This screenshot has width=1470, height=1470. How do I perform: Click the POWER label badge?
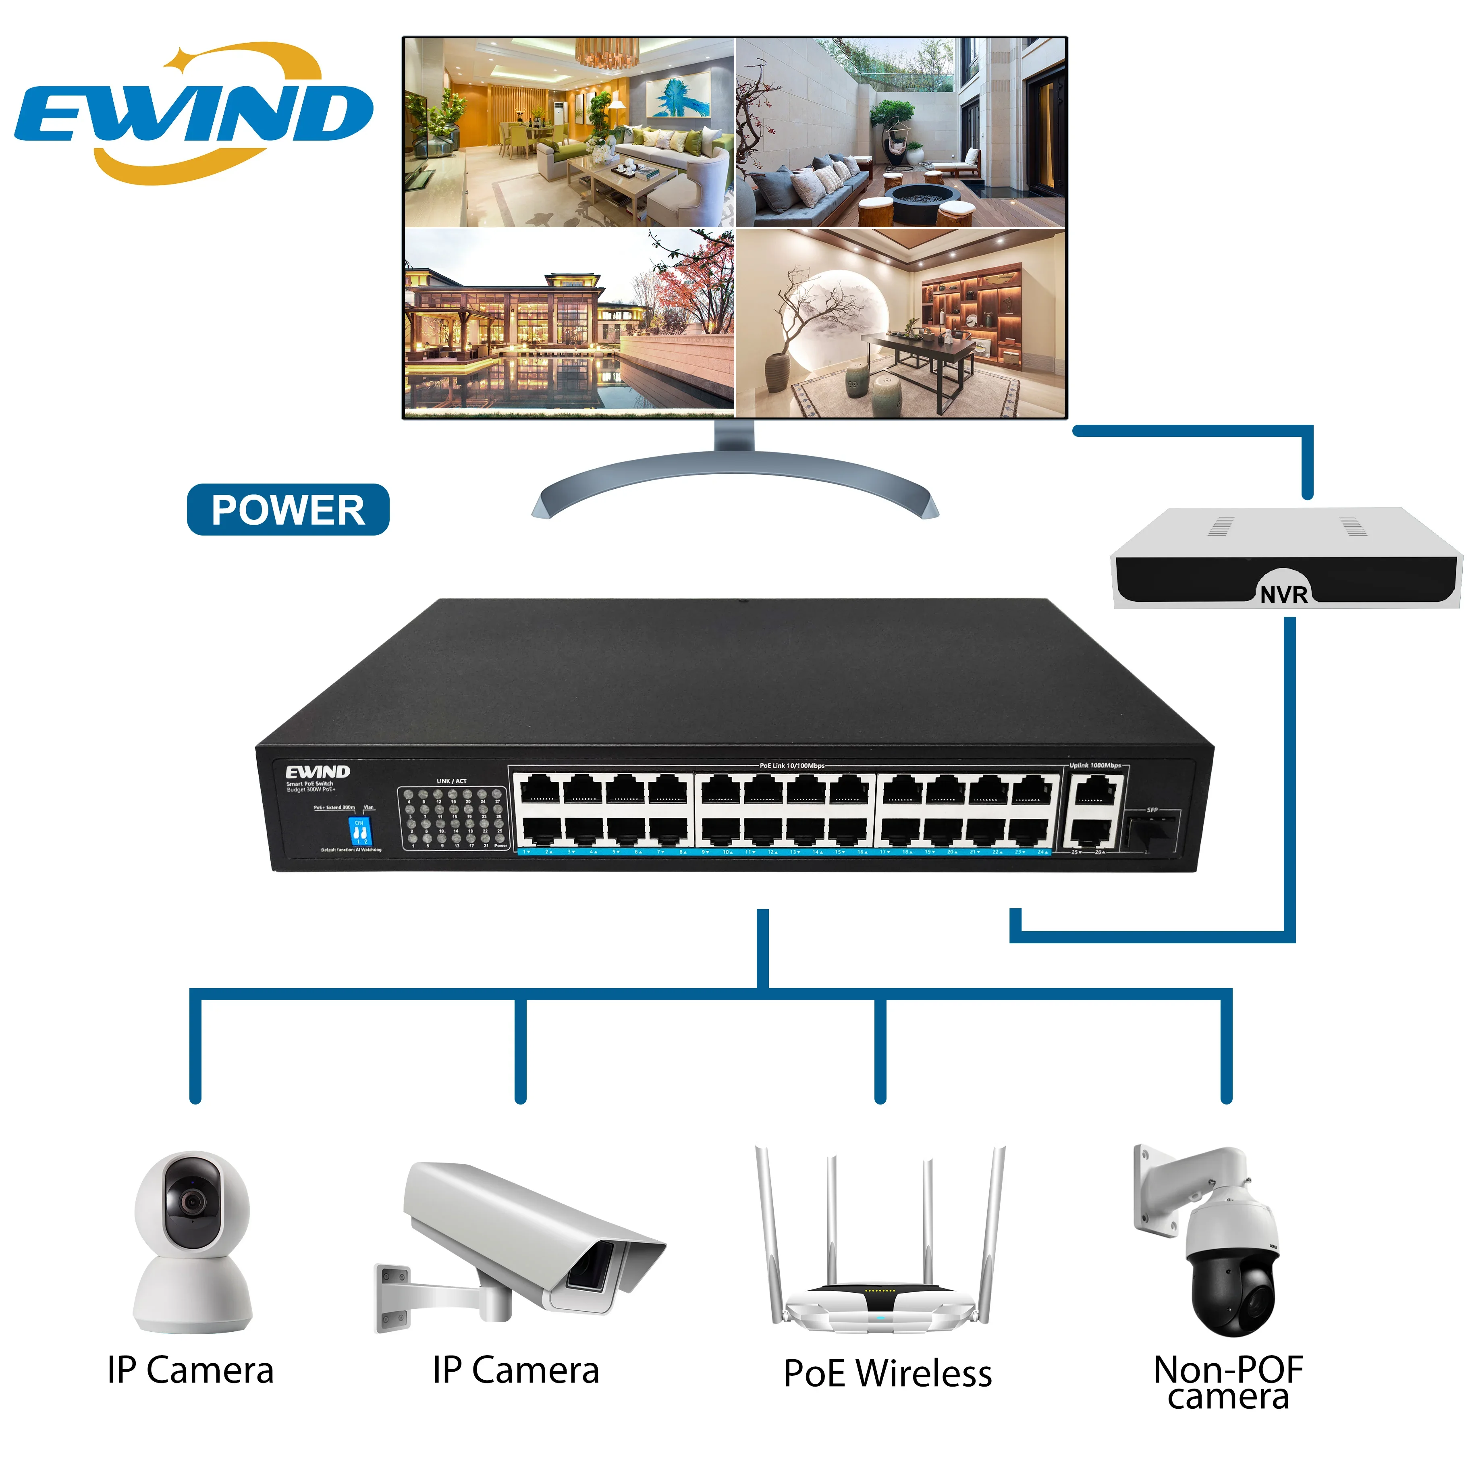288,510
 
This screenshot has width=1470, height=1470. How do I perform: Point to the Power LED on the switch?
499,837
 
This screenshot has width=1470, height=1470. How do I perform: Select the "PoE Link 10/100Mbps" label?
791,766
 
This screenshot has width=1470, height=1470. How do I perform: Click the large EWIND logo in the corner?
194,114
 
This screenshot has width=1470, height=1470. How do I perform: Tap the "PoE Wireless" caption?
888,1373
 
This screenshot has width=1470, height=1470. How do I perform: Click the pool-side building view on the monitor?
569,323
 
